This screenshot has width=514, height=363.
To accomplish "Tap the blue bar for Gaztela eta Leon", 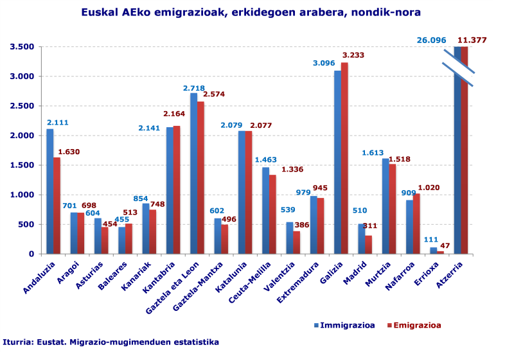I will [x=194, y=173].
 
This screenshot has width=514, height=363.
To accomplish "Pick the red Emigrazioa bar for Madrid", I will [x=369, y=244].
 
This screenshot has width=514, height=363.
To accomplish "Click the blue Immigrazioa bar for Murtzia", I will [x=385, y=206].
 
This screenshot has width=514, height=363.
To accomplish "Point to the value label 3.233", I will [x=353, y=55].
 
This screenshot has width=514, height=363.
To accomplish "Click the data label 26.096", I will [x=431, y=40].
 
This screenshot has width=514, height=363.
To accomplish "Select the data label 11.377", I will [x=472, y=40].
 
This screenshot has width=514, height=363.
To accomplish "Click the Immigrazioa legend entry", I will [x=344, y=325].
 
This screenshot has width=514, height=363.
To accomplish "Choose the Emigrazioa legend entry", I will [x=414, y=325].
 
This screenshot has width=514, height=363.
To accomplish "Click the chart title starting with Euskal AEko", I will [x=251, y=12].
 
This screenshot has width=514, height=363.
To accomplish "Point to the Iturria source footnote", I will [x=111, y=342].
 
